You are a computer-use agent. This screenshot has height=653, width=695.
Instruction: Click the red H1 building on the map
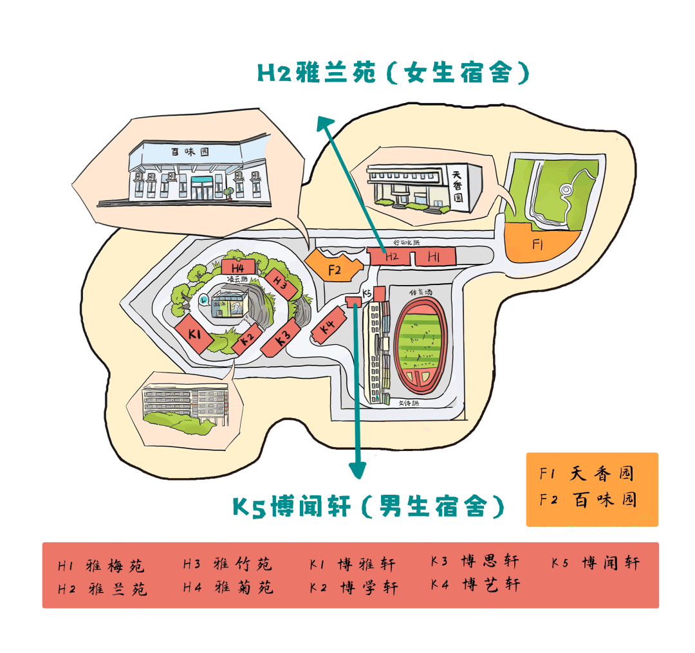coord(435,257)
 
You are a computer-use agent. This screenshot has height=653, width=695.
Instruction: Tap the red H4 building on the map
coord(238,266)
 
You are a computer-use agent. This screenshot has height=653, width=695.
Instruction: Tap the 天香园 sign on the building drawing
coord(458,186)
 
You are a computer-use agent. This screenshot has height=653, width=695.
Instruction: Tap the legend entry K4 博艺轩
coord(476,584)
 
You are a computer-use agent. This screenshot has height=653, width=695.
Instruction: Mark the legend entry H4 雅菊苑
coord(228,587)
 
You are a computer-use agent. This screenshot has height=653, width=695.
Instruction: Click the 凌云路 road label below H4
coord(239,279)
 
